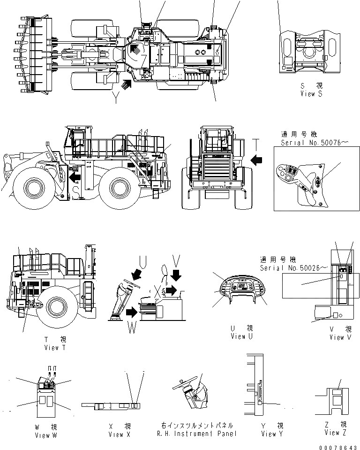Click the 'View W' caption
45,435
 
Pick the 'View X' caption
120,435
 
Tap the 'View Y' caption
269,434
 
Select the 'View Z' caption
335,432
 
